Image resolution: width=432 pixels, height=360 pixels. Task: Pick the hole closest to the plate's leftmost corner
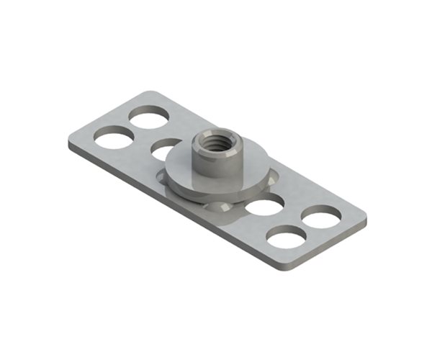coord(113,137)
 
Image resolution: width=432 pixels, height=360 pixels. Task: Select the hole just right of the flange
coord(263,207)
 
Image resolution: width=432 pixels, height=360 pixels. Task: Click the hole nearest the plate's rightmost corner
coord(321,216)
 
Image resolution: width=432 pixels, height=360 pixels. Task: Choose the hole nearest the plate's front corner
coord(286,236)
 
